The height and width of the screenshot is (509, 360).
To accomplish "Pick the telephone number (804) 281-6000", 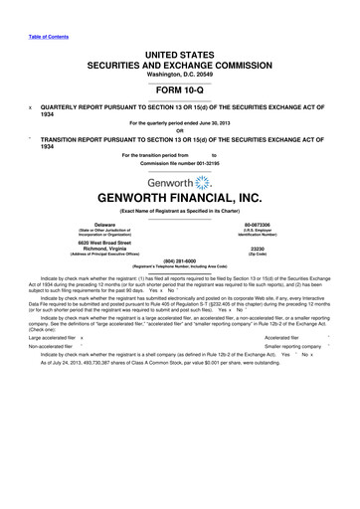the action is tap(180, 288).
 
